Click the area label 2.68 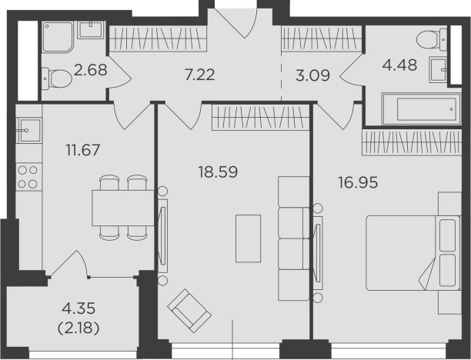(90, 70)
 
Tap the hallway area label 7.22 (200, 75)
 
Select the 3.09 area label (312, 75)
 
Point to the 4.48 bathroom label (399, 65)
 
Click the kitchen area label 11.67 (82, 150)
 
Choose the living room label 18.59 (218, 172)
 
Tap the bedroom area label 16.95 (358, 182)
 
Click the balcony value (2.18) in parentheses (78, 328)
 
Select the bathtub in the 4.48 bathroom (421, 108)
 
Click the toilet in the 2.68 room (57, 78)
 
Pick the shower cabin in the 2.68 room (58, 37)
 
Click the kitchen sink (29, 130)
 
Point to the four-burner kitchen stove (28, 177)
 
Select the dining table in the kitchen (123, 208)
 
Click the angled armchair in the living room (189, 311)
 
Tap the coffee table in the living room (248, 238)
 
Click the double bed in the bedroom (413, 253)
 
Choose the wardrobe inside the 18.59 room (261, 117)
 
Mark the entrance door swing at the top (237, 23)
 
